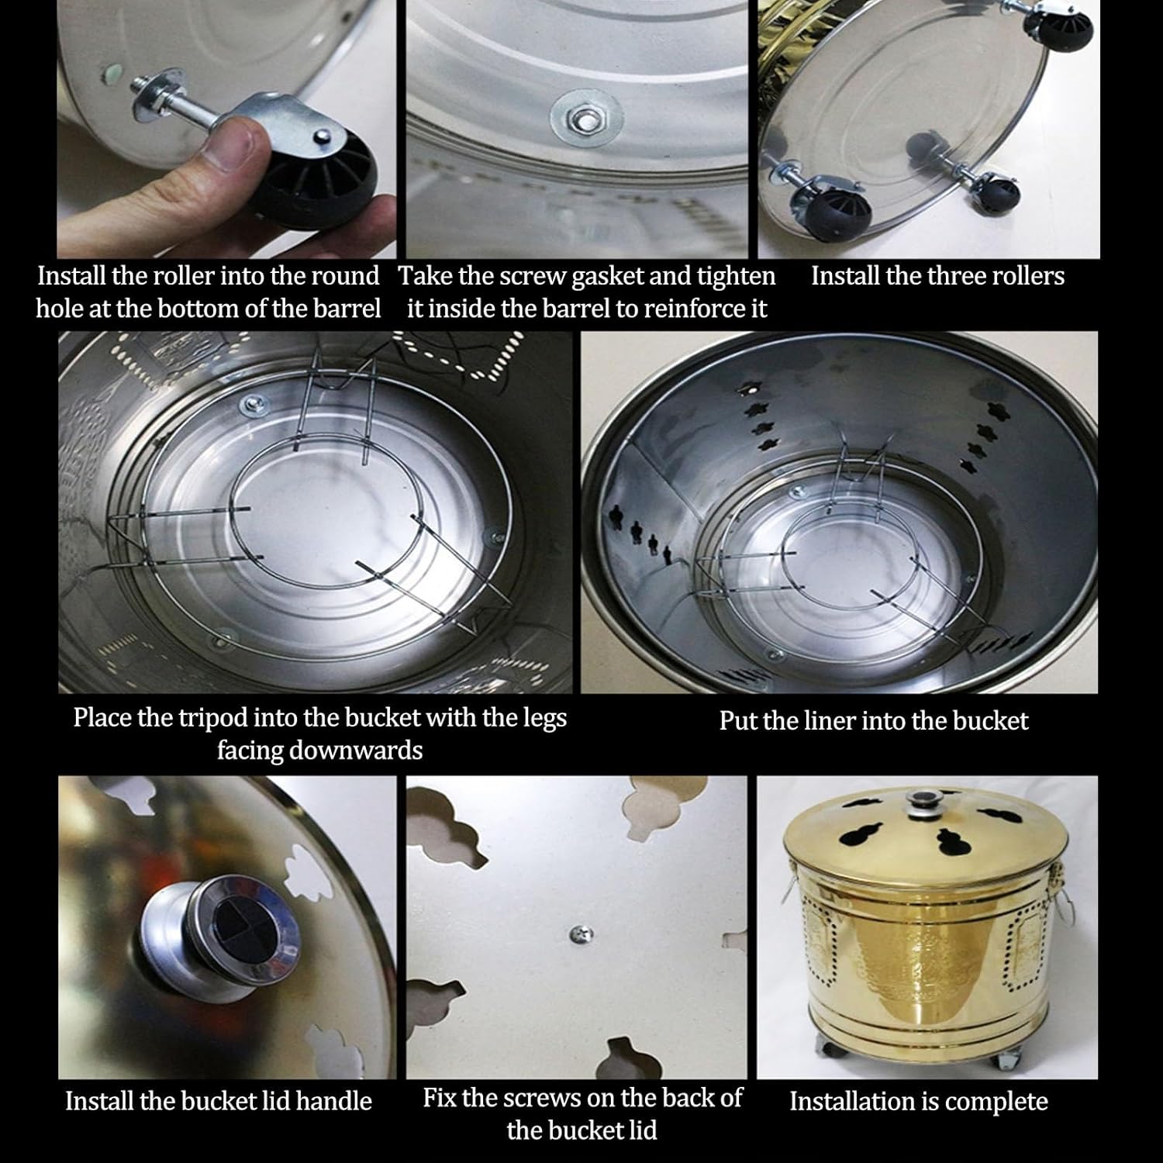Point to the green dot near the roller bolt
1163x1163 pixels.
(113, 74)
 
